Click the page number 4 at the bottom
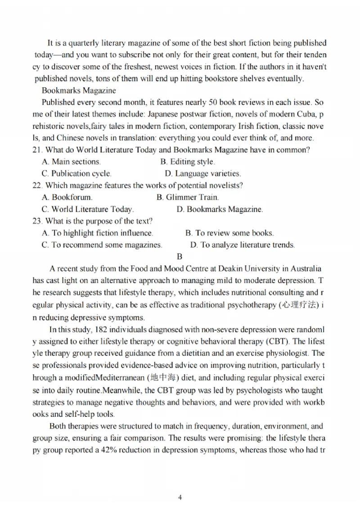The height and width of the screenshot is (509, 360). click(180, 497)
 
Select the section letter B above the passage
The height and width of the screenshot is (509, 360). click(180, 257)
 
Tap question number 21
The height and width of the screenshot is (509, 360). click(37, 150)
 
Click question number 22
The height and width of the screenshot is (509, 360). click(37, 185)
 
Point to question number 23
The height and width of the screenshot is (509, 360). click(37, 221)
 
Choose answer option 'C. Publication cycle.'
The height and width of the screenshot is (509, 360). click(76, 174)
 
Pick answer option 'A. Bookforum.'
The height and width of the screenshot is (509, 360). click(67, 197)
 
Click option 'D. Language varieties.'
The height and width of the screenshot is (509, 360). click(203, 174)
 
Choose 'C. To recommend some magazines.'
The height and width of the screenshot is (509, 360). click(102, 245)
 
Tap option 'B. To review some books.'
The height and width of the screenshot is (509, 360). click(229, 233)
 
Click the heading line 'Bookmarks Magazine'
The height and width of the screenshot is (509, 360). click(79, 91)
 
